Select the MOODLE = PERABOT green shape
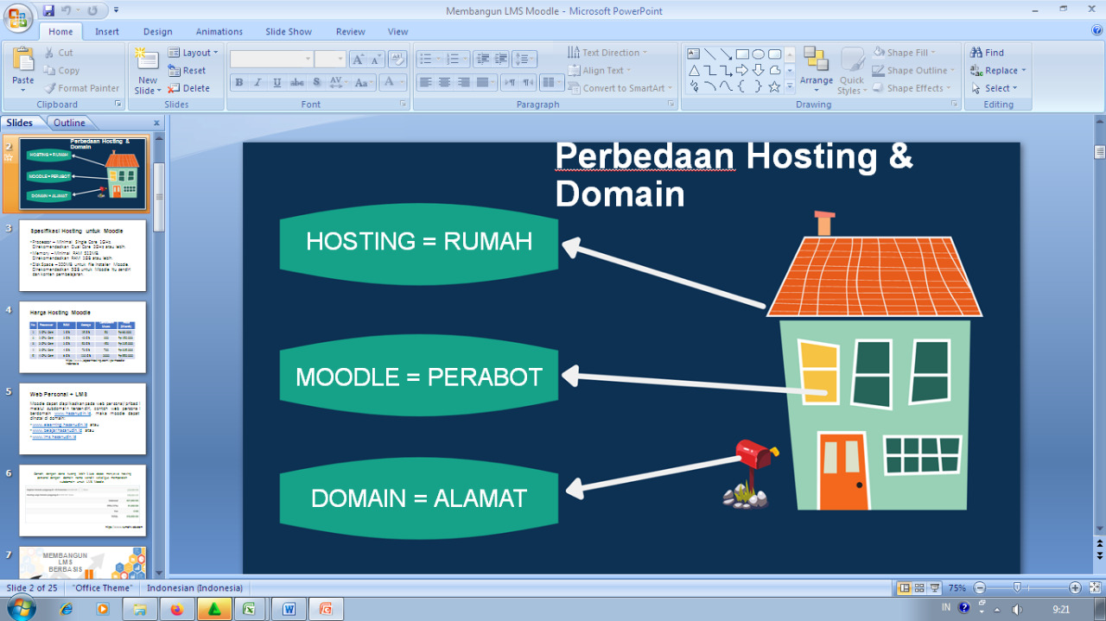coord(418,377)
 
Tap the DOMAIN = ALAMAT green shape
coord(418,498)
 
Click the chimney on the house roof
coord(824,223)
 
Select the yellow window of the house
coord(818,371)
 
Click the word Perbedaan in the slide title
coord(644,156)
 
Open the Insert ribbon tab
coord(107,32)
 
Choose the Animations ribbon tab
coord(219,32)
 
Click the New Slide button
coord(148,71)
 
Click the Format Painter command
coord(82,88)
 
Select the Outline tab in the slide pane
coord(69,123)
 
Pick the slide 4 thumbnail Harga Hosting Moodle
coord(82,337)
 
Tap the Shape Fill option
coord(905,53)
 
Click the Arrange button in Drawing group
coord(816,69)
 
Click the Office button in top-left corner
coord(17,17)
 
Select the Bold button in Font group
coord(239,83)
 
